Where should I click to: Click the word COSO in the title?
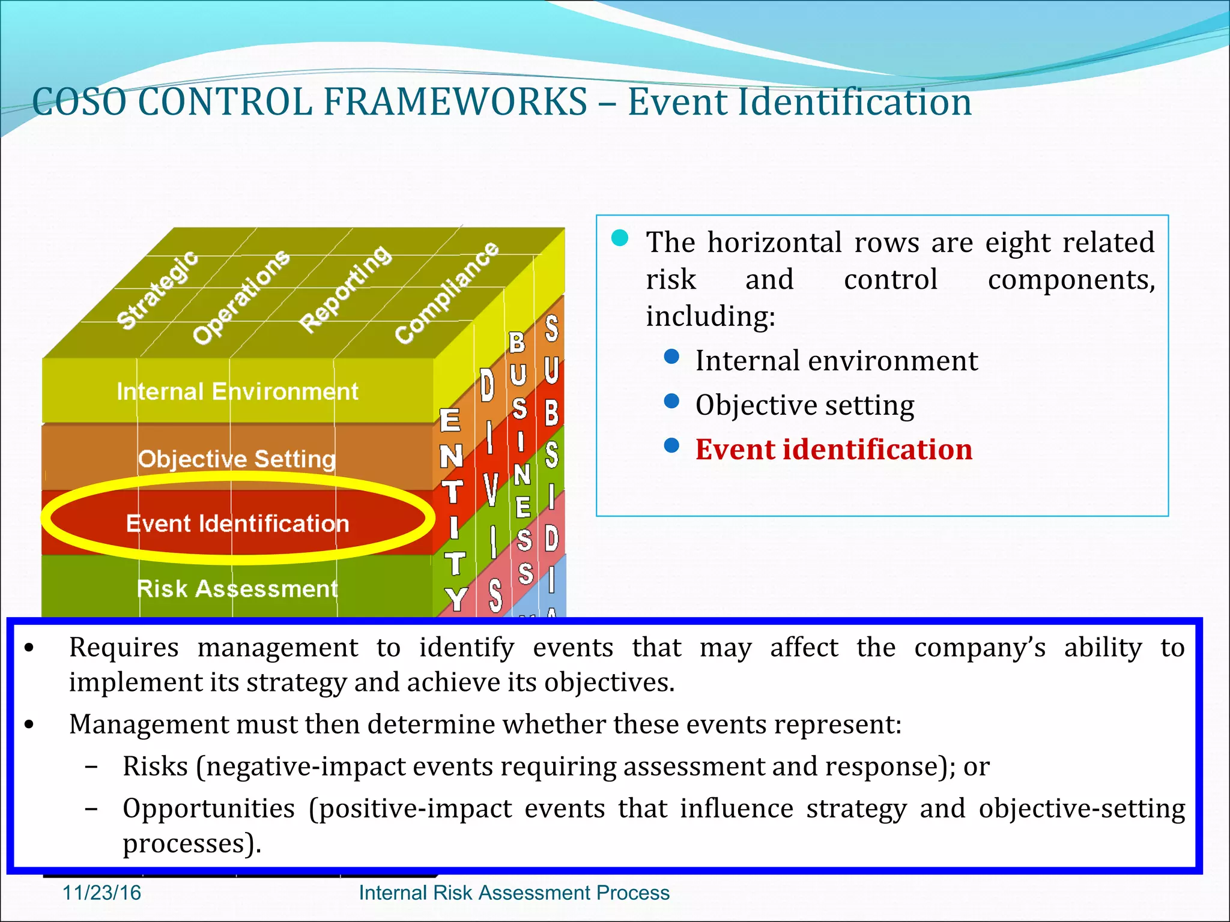(79, 101)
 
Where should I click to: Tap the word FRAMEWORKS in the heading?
(455, 101)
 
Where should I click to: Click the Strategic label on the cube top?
(157, 291)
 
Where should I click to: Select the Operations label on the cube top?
(241, 297)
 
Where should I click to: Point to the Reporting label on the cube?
(345, 289)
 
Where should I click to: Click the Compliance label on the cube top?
(447, 293)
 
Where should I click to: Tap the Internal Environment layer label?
(237, 392)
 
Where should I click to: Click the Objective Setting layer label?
(237, 459)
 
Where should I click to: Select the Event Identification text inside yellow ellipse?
(237, 523)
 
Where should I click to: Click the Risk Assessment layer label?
(237, 589)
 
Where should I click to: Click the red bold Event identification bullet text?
(834, 450)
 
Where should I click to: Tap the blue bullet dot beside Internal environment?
(671, 357)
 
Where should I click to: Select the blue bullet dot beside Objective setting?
(671, 401)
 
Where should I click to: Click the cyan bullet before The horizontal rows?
(620, 238)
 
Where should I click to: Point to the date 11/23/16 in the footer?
(101, 893)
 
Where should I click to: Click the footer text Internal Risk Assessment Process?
(514, 893)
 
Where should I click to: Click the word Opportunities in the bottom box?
(208, 809)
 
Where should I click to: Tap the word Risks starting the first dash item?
(155, 767)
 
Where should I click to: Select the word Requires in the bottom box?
(124, 648)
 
